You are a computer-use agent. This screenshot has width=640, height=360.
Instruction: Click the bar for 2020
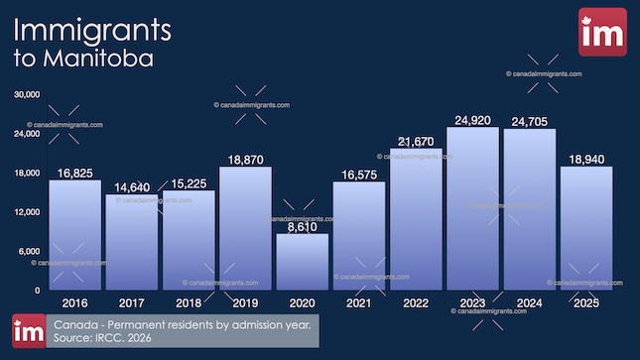(x=302, y=262)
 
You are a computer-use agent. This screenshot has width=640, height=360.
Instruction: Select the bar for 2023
(x=472, y=208)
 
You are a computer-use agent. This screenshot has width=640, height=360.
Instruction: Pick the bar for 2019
(x=245, y=228)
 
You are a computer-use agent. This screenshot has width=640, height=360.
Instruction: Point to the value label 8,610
(x=302, y=227)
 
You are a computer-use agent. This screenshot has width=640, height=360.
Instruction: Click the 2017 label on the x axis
(x=131, y=301)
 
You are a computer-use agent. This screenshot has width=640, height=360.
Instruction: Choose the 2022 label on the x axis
(x=416, y=301)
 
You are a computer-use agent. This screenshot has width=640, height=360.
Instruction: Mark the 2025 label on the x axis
(x=586, y=301)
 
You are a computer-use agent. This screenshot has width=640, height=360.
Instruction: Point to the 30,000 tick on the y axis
(x=25, y=95)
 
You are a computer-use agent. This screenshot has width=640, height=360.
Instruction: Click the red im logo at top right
(x=602, y=33)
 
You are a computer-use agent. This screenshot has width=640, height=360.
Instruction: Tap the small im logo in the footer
(x=29, y=331)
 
